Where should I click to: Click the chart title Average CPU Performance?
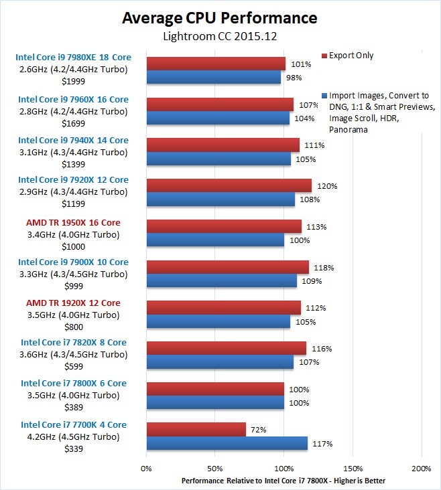point(220,17)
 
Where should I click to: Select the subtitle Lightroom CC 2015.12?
point(220,36)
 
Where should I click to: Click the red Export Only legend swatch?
point(324,56)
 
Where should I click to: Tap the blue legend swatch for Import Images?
point(324,96)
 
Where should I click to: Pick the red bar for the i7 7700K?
point(196,430)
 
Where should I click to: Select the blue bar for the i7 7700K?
point(227,443)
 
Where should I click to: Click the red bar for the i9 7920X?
point(229,185)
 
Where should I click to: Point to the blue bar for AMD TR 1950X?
point(215,240)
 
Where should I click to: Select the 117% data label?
point(324,443)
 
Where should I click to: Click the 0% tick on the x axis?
point(146,469)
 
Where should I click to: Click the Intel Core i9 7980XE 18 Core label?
point(73,58)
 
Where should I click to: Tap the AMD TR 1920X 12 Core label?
point(73,303)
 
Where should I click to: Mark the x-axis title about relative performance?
point(283,481)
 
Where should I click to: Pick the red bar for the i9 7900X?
point(227,268)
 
